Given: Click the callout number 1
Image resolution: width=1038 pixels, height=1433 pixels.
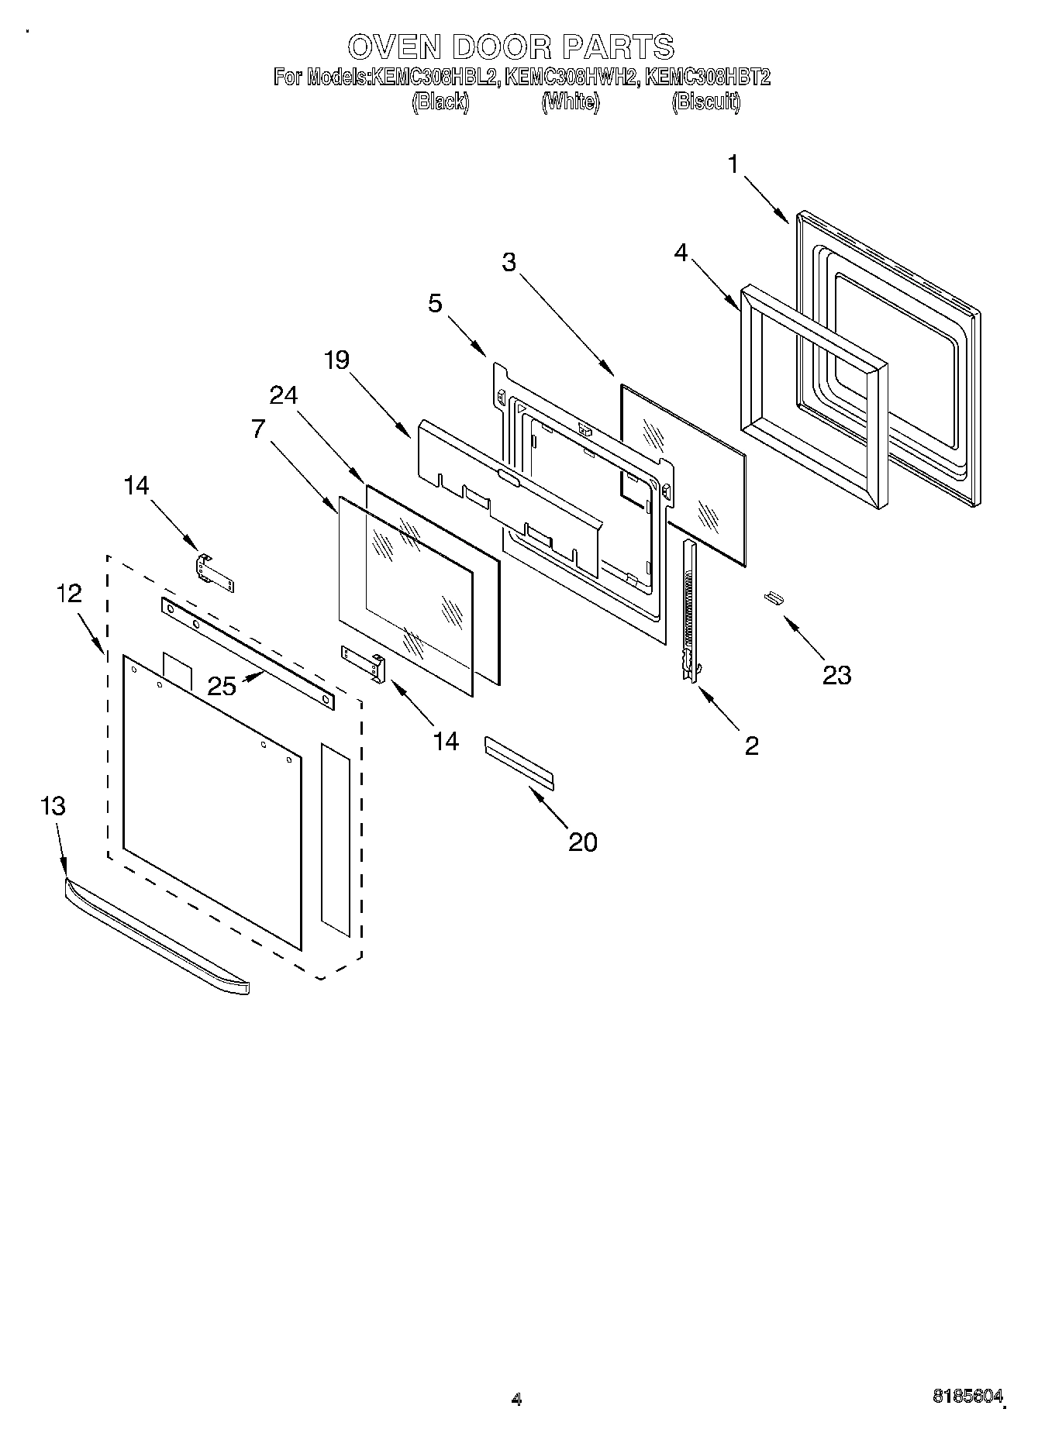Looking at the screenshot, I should point(732,164).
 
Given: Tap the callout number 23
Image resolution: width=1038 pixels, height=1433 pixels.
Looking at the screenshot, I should point(836,675).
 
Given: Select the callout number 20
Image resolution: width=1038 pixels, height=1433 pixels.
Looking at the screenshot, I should point(583,842).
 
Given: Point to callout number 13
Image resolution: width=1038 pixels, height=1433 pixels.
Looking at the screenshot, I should point(53,806).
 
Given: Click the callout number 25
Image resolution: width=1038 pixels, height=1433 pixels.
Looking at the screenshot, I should point(222,686).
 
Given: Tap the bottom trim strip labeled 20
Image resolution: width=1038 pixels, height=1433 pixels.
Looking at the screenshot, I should point(519,763).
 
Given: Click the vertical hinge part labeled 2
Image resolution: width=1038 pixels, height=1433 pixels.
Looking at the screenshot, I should point(688,612).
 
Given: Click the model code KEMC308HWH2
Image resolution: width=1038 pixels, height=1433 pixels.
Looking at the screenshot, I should point(571,77).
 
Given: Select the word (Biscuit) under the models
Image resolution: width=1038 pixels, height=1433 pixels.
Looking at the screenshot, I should point(705,102).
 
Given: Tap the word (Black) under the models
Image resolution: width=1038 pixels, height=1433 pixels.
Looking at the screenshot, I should point(440,102).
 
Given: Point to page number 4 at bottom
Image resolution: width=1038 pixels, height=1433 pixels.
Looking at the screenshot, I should point(516,1399).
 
